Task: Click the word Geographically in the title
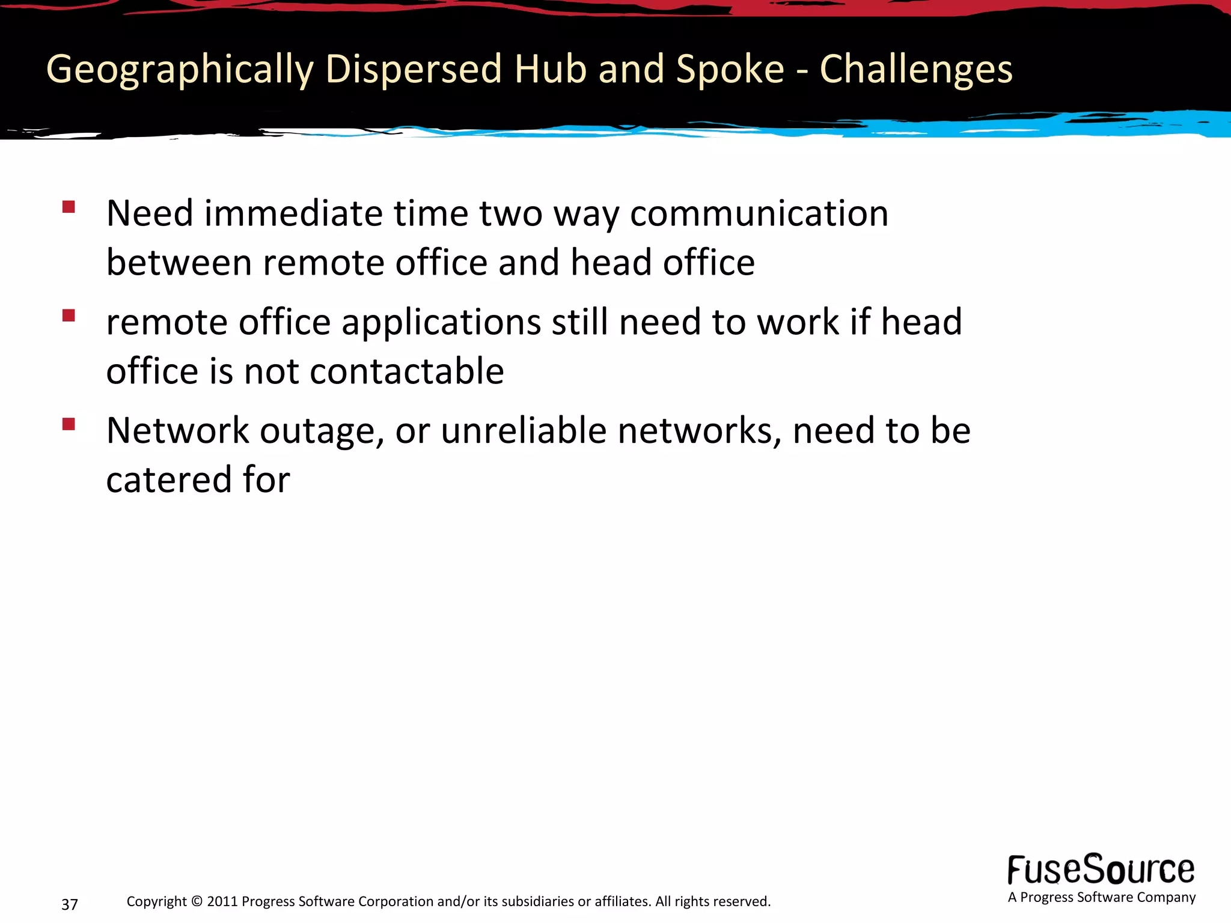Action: click(180, 70)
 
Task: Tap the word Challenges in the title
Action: click(916, 70)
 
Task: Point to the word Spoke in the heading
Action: click(730, 70)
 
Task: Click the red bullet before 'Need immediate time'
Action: click(69, 208)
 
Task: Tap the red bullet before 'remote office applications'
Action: click(69, 316)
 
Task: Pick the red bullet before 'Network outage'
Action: click(69, 425)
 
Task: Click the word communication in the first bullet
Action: click(759, 214)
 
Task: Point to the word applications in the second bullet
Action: click(441, 323)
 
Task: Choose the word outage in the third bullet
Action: click(322, 432)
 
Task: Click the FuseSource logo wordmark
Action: click(1101, 870)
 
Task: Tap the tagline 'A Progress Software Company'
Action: click(1101, 898)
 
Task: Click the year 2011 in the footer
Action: click(222, 901)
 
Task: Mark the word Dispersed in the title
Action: click(414, 70)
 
